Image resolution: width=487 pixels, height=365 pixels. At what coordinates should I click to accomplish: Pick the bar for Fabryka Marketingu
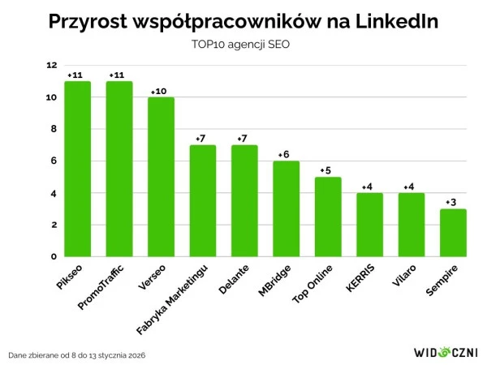[203, 200]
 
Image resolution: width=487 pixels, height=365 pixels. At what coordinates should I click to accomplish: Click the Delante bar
[244, 200]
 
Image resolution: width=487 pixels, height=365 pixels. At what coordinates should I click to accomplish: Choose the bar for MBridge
[286, 208]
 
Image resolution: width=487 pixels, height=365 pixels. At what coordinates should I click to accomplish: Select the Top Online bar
[328, 217]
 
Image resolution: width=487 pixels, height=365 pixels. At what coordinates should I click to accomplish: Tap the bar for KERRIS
[369, 225]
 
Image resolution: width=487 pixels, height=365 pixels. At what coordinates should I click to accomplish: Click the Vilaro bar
[411, 225]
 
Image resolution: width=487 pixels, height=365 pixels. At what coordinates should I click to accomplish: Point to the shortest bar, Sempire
[453, 233]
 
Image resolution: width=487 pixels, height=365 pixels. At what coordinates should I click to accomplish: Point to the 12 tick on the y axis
[52, 66]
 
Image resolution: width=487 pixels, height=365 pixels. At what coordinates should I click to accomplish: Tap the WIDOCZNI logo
[446, 352]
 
